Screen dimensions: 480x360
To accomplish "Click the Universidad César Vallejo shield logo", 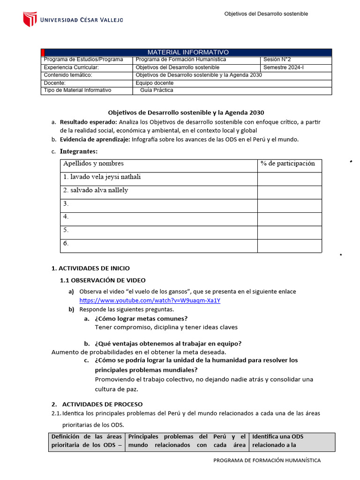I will click(30, 19).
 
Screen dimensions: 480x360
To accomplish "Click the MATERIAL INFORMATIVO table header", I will click(188, 52).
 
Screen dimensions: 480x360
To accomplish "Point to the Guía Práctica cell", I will click(157, 90).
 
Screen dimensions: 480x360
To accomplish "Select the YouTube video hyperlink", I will click(150, 300).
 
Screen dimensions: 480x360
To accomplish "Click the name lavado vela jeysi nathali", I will click(102, 177).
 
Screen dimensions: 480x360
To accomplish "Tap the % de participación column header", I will click(288, 164).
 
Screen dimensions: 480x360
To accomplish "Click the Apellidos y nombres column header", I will click(93, 164).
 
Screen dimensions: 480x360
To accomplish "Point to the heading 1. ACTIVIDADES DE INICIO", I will click(90, 268).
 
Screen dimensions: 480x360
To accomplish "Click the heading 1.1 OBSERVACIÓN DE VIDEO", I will click(103, 280).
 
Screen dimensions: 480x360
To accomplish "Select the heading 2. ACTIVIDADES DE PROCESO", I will click(97, 404).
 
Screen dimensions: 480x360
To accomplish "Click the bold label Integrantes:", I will click(79, 151).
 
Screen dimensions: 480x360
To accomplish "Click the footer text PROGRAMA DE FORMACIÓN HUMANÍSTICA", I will click(267, 460).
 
